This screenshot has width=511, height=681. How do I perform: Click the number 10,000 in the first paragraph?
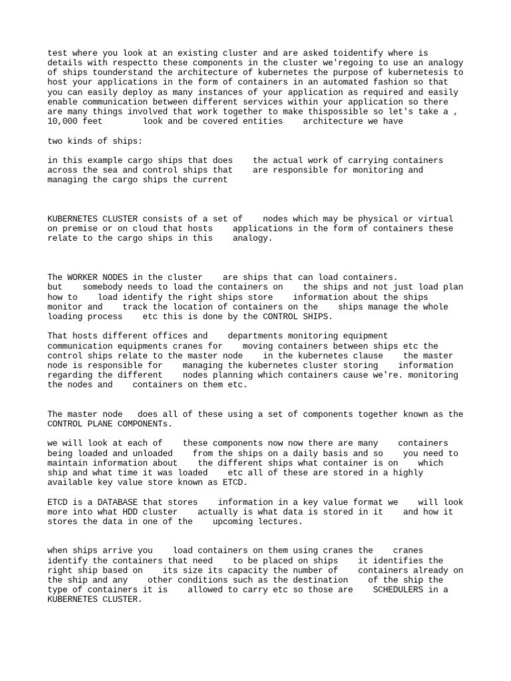click(x=65, y=121)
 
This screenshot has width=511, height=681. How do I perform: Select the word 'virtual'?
click(x=435, y=219)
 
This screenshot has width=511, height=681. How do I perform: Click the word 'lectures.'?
click(x=280, y=521)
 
